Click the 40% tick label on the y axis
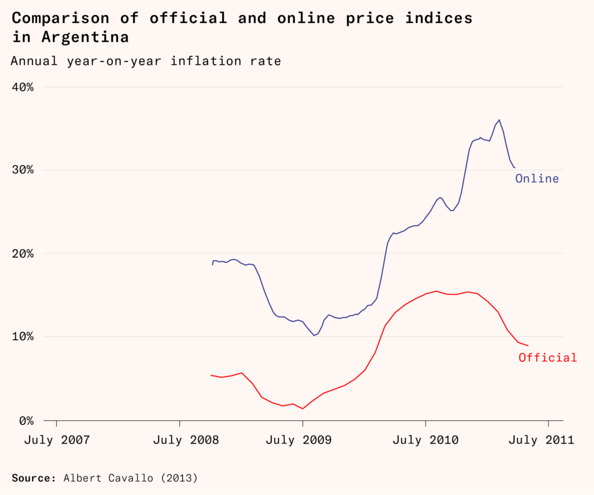tap(23, 87)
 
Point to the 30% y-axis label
tap(23, 170)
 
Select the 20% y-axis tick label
tap(23, 253)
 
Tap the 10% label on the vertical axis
tap(23, 337)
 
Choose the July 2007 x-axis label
tap(56, 440)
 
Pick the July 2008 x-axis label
tap(179, 440)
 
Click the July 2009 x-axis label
tap(302, 440)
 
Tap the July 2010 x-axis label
tap(425, 440)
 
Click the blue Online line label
tap(537, 179)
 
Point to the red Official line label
tap(548, 358)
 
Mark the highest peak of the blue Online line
tap(499, 120)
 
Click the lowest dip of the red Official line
tap(302, 409)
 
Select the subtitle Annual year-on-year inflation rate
tap(146, 61)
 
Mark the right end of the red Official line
tap(527, 345)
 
